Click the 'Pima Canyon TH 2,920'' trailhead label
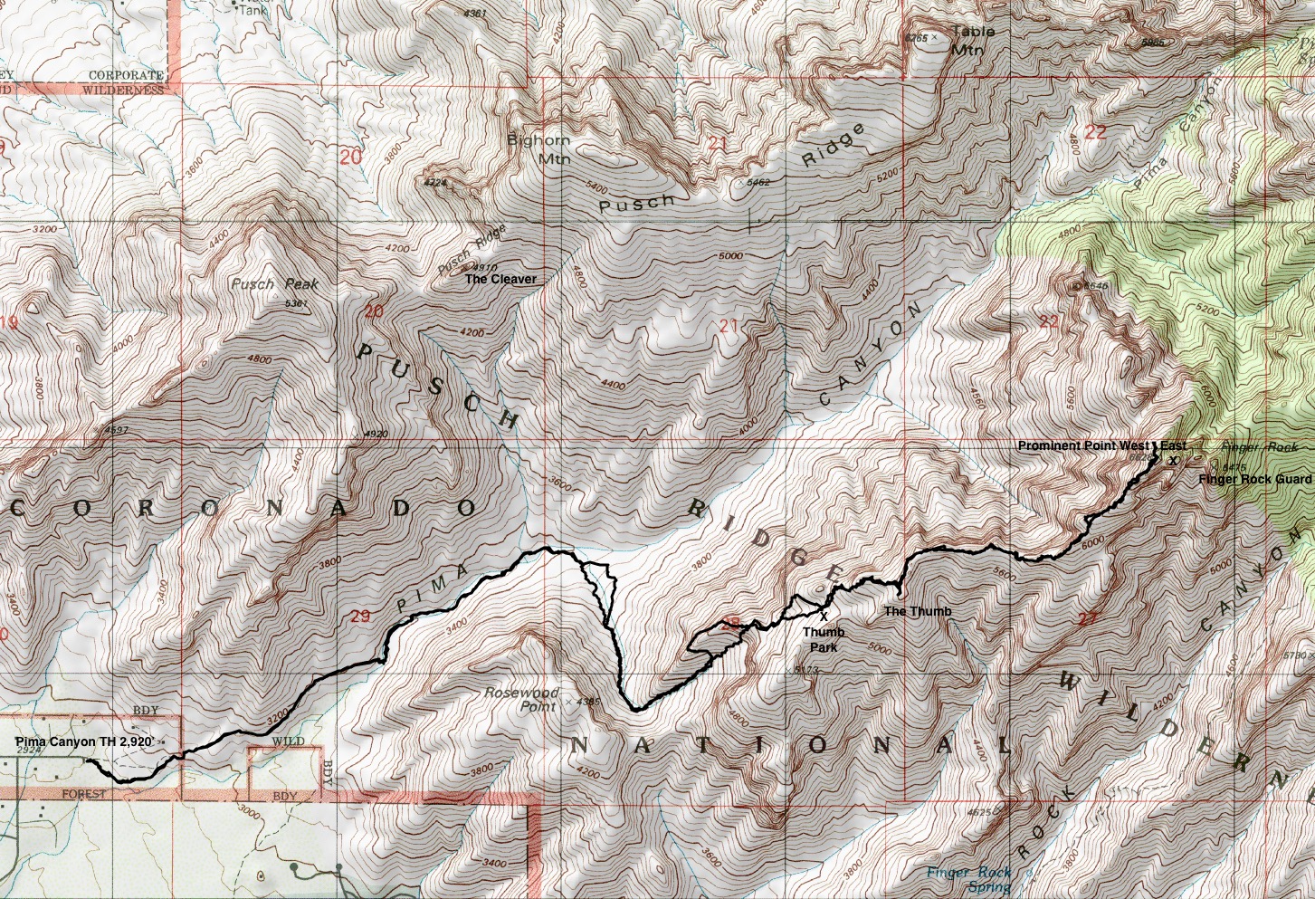[x=83, y=742]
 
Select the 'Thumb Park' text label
[x=824, y=639]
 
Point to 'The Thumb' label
[x=918, y=612]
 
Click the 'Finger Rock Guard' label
[x=1254, y=479]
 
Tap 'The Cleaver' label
[x=500, y=280]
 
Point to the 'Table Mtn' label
[x=973, y=41]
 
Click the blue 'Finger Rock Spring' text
[x=967, y=879]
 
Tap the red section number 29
[x=360, y=617]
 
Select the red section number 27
[x=1088, y=619]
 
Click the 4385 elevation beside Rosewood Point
[x=588, y=702]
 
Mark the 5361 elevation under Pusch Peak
[x=297, y=303]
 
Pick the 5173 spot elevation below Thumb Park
[x=806, y=670]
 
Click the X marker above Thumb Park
[x=824, y=616]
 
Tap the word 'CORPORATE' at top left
[x=125, y=75]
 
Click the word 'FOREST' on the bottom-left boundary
[x=83, y=794]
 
